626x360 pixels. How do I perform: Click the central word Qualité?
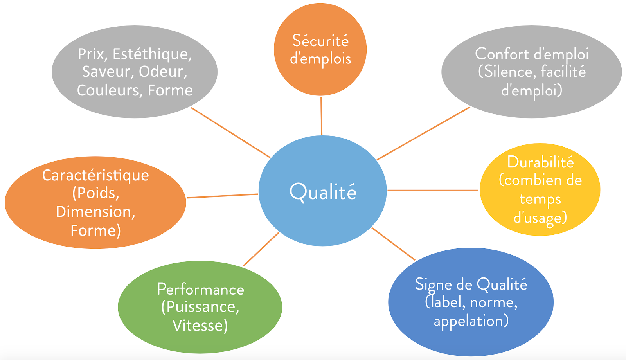[x=323, y=192]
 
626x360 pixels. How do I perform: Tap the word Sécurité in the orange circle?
[x=320, y=41]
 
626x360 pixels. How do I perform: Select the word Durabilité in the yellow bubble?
[x=540, y=162]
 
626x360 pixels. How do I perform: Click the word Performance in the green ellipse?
[x=200, y=290]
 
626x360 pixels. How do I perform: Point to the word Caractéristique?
[x=95, y=175]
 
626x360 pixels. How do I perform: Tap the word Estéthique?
[x=152, y=54]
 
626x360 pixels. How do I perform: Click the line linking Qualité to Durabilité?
[x=433, y=191]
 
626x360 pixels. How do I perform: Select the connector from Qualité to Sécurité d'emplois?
[x=321, y=116]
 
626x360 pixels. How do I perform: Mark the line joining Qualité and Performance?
[x=261, y=249]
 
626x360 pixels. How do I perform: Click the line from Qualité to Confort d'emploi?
[x=423, y=134]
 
